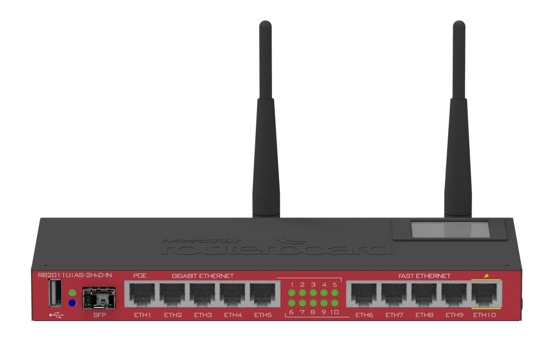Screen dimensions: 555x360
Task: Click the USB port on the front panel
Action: click(55, 293)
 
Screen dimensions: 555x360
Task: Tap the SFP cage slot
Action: click(99, 298)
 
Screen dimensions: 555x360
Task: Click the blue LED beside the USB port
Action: click(72, 303)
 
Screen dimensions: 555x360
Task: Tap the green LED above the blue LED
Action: click(72, 293)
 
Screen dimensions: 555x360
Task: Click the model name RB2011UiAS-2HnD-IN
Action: click(75, 275)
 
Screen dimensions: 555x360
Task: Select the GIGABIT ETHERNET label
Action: click(203, 276)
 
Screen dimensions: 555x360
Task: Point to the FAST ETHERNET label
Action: click(424, 276)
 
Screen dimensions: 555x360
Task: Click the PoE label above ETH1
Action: click(140, 275)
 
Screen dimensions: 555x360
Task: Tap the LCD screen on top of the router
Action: click(450, 229)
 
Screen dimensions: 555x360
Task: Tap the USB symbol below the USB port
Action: click(56, 314)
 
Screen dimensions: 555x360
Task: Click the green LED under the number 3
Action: click(313, 293)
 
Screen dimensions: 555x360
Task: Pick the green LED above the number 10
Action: click(335, 303)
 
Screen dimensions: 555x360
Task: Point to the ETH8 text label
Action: click(424, 314)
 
